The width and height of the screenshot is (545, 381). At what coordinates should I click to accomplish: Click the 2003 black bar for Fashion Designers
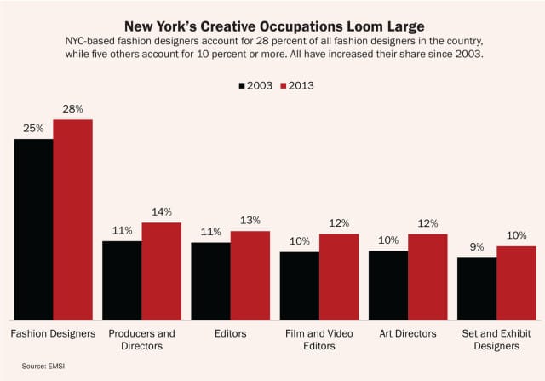pyautogui.click(x=33, y=228)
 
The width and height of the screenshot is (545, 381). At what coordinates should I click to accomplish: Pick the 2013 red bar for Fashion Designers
pyautogui.click(x=72, y=219)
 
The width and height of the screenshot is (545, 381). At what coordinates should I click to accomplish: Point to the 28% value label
pyautogui.click(x=72, y=108)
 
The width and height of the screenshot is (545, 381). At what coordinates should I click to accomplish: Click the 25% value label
pyautogui.click(x=33, y=128)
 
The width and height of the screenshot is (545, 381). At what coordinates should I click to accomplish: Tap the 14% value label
pyautogui.click(x=161, y=211)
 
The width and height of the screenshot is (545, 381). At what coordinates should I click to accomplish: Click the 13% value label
pyautogui.click(x=250, y=220)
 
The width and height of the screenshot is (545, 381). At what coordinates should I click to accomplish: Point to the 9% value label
pyautogui.click(x=476, y=247)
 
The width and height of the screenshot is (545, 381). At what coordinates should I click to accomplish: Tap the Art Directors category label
pyautogui.click(x=407, y=333)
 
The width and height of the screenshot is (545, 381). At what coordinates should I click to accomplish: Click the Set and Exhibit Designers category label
pyautogui.click(x=496, y=339)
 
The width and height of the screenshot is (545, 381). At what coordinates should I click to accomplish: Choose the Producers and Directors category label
pyautogui.click(x=141, y=339)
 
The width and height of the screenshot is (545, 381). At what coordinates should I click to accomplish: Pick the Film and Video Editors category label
pyautogui.click(x=318, y=339)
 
